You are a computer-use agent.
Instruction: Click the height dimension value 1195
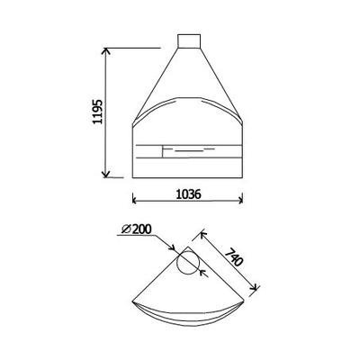[x=97, y=112]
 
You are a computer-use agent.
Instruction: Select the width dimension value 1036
[x=188, y=194]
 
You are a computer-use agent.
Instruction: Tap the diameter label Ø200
[x=137, y=229]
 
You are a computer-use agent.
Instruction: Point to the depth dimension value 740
[x=234, y=256]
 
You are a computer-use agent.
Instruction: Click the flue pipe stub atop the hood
[x=189, y=41]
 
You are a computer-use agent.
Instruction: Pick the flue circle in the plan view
[x=189, y=263]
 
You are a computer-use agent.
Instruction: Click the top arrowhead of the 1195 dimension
[x=105, y=51]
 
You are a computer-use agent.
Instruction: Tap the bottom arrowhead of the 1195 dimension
[x=105, y=175]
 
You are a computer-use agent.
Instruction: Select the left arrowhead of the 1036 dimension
[x=134, y=200]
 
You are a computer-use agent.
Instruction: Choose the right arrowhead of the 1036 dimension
[x=240, y=200]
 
